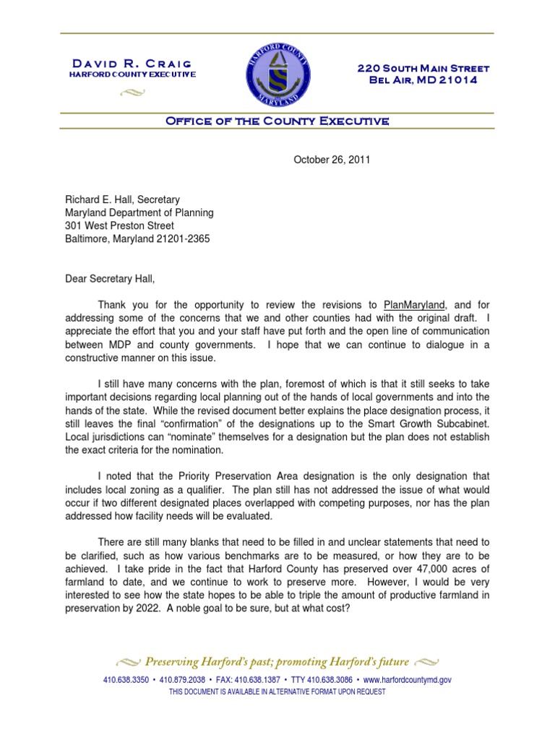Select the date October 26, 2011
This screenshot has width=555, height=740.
[x=332, y=160]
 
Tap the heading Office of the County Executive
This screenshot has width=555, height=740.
[x=277, y=121]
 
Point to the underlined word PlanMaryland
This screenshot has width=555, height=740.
[x=413, y=304]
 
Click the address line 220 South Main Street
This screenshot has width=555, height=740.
[x=423, y=69]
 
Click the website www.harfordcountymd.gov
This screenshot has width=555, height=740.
[x=408, y=680]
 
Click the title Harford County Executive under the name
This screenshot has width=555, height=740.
[x=132, y=75]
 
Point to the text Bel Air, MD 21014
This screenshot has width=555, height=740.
[x=423, y=80]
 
